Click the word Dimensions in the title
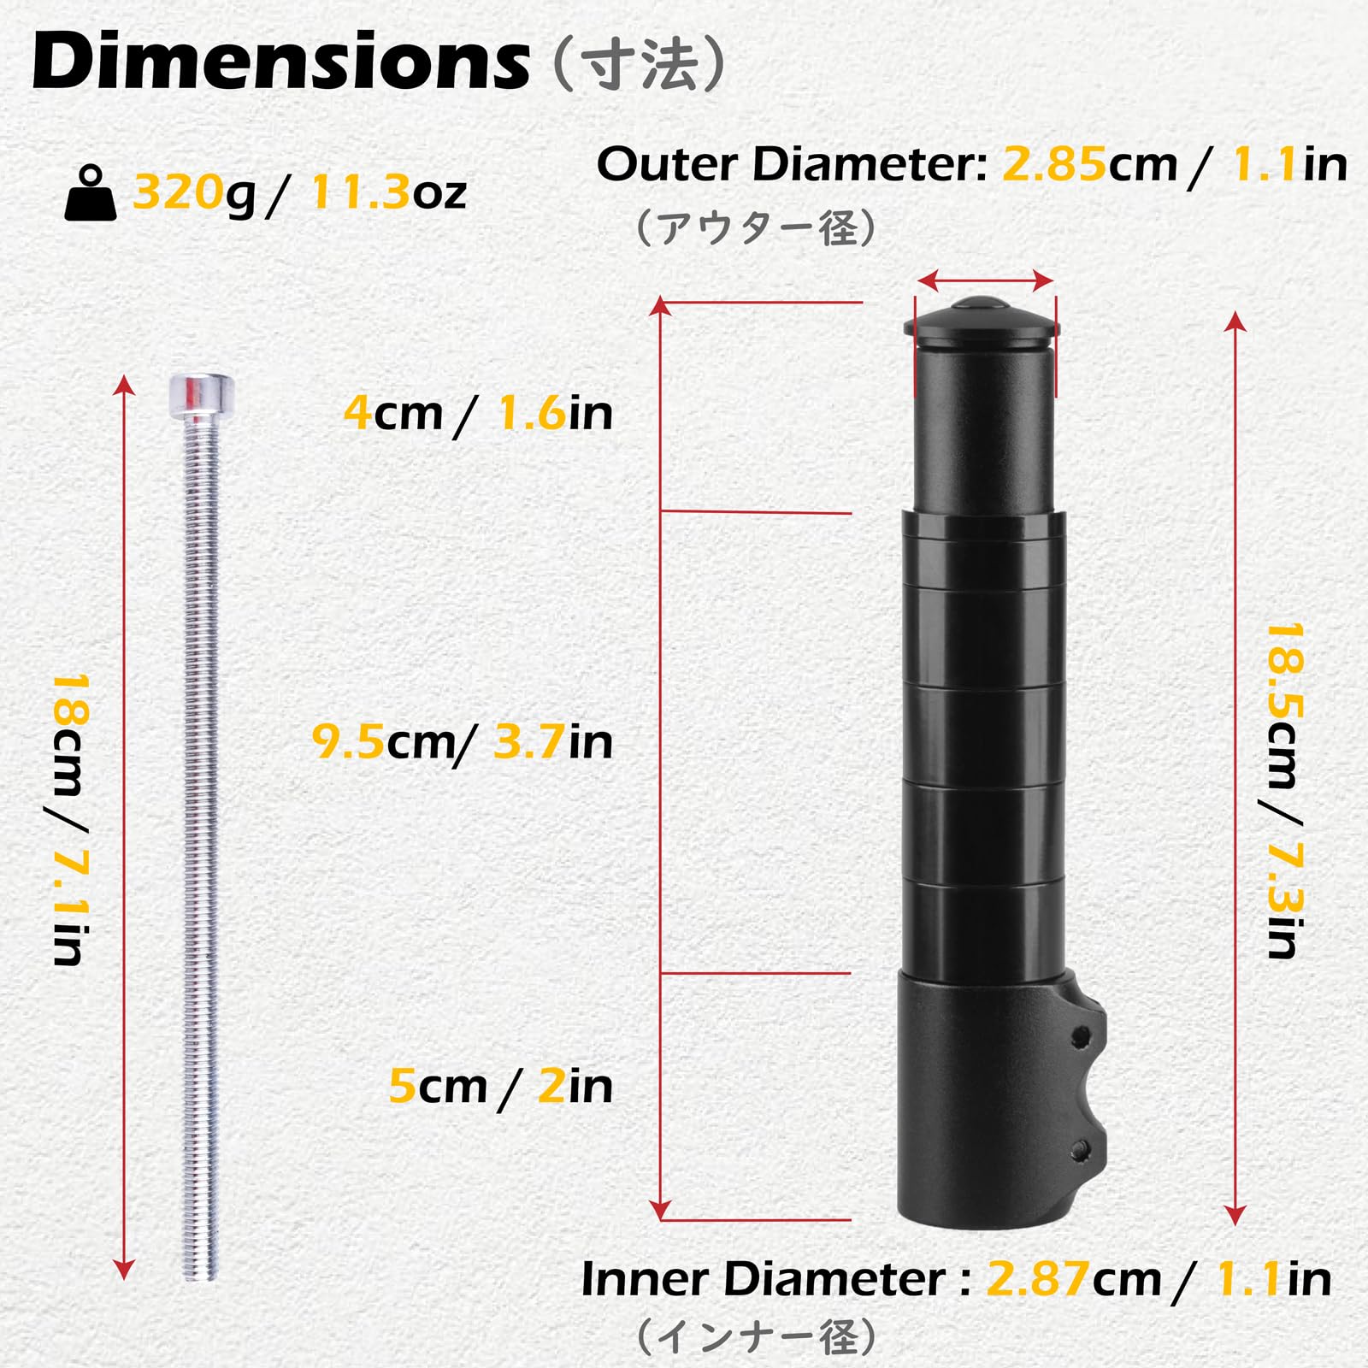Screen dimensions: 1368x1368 [x=280, y=62]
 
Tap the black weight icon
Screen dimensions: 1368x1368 [x=91, y=195]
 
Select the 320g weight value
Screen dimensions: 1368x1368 [x=194, y=192]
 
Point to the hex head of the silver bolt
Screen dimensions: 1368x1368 [x=202, y=394]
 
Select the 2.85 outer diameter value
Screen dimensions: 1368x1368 [x=1054, y=163]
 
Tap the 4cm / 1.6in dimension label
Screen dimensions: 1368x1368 [x=479, y=413]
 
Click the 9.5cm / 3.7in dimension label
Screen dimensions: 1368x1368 [x=463, y=741]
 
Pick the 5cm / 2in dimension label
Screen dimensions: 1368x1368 [x=501, y=1086]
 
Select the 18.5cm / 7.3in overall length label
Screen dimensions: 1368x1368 [x=1284, y=791]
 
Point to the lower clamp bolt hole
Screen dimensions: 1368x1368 [x=1082, y=1148]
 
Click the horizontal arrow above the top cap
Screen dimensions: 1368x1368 [x=984, y=280]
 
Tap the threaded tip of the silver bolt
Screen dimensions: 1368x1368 [x=200, y=1265]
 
